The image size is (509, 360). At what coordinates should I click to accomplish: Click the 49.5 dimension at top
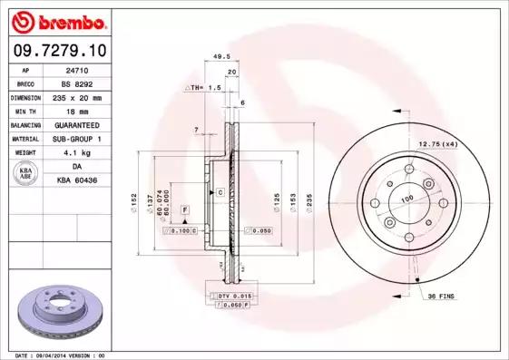tap(219, 56)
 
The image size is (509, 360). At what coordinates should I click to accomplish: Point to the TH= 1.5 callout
tap(205, 87)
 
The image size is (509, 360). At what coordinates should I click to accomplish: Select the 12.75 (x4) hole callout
tap(436, 142)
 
